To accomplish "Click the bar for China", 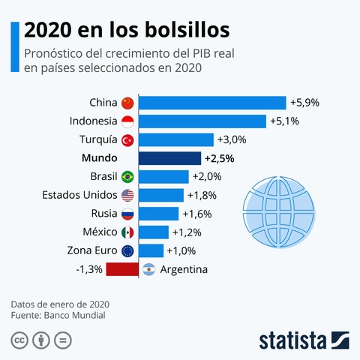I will point(213,103).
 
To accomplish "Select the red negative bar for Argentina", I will point(122,269).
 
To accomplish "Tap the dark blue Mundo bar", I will point(170,158).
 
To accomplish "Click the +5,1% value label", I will point(284,121).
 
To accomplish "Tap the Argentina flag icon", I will point(148,269).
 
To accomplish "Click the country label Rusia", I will point(102,214).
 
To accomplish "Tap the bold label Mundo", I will point(99,158).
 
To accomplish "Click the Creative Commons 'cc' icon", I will point(19,340).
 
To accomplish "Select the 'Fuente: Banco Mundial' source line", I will point(58,316).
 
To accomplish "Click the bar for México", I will point(154,232).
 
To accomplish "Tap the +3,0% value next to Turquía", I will point(231,139).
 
